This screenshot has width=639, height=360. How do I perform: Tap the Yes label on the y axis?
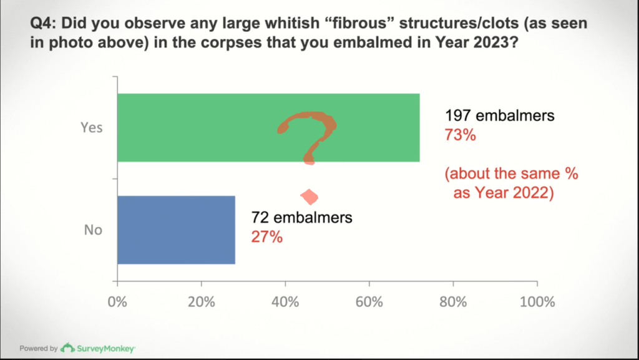(91, 127)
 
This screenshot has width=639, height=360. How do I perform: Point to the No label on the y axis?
(93, 230)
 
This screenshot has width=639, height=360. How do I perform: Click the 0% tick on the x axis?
(117, 302)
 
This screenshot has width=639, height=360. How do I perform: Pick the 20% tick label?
(201, 302)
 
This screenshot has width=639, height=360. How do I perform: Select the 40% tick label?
(285, 302)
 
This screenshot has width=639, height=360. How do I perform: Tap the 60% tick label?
(369, 302)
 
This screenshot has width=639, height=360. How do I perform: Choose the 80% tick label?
(453, 302)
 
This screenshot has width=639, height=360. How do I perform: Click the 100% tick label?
(537, 302)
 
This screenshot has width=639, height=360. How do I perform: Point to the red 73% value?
(460, 134)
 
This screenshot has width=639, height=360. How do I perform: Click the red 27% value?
(266, 237)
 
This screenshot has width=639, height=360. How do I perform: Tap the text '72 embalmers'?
(301, 218)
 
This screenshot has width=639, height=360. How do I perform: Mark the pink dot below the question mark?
(309, 197)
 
